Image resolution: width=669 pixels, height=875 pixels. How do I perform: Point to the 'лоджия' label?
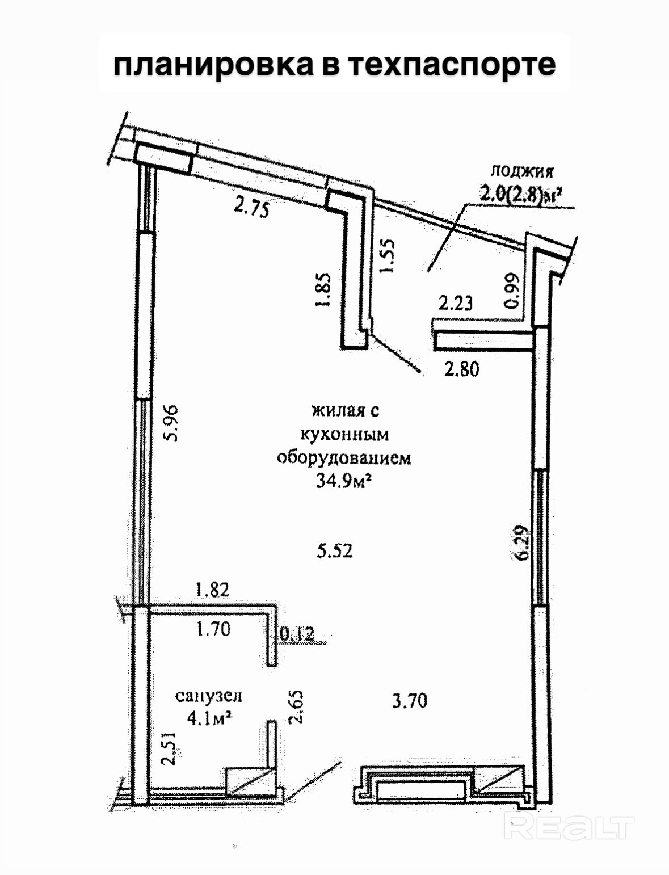pyautogui.click(x=521, y=170)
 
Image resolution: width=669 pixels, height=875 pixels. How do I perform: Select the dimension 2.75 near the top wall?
pyautogui.click(x=251, y=208)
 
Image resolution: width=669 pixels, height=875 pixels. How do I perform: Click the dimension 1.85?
pyautogui.click(x=322, y=290)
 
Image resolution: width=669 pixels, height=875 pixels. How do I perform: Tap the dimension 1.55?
pyautogui.click(x=387, y=255)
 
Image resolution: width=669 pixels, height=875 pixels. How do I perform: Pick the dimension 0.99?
pyautogui.click(x=512, y=291)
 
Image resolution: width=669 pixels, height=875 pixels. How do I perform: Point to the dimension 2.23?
pyautogui.click(x=456, y=303)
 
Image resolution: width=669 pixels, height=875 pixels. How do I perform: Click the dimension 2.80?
pyautogui.click(x=462, y=369)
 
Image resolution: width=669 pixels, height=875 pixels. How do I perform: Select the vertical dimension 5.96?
pyautogui.click(x=170, y=422)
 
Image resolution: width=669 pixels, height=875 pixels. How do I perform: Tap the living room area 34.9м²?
pyautogui.click(x=344, y=482)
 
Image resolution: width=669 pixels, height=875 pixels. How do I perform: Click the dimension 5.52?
pyautogui.click(x=335, y=550)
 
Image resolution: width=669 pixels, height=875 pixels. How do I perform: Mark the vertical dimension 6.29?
pyautogui.click(x=521, y=543)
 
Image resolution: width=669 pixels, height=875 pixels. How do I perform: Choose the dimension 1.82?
pyautogui.click(x=212, y=590)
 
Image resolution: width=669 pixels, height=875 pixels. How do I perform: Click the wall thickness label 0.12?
pyautogui.click(x=297, y=633)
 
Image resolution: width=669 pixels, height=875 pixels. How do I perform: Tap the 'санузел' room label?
pyautogui.click(x=208, y=696)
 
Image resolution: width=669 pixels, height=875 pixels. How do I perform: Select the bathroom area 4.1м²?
pyautogui.click(x=209, y=718)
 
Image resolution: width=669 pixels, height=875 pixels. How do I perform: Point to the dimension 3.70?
pyautogui.click(x=410, y=701)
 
